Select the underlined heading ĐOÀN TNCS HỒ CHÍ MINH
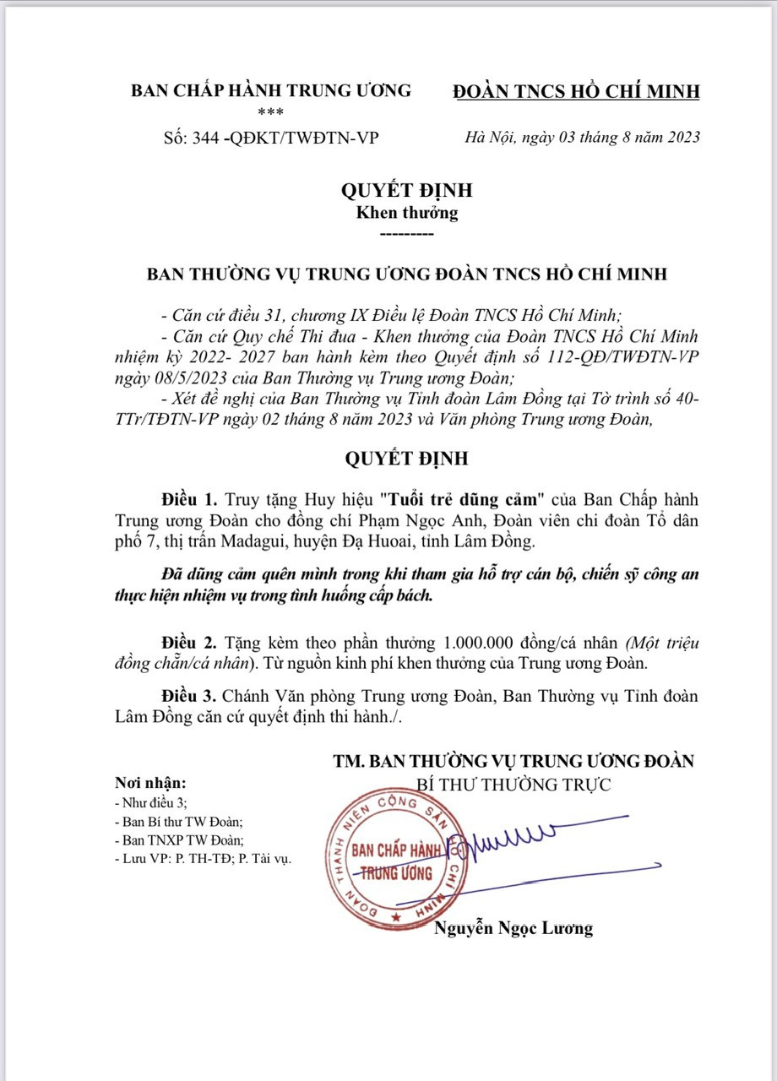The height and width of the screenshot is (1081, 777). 576,90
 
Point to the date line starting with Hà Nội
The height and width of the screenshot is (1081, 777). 583,138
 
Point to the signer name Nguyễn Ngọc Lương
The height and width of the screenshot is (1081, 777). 513,928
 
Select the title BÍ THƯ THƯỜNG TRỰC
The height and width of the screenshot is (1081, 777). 513,785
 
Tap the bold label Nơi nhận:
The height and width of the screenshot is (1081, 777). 149,783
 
